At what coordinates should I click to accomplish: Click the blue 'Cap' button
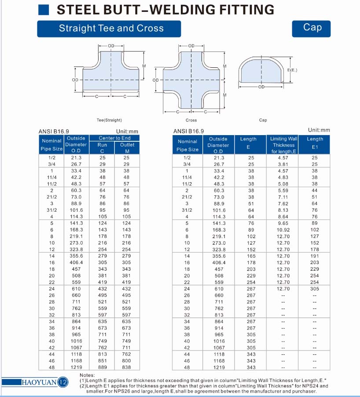click(x=312, y=28)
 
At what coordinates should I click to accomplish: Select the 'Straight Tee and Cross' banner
click(x=111, y=29)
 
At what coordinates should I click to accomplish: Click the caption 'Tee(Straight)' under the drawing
click(x=109, y=120)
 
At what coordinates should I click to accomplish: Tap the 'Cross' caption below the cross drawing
click(x=191, y=120)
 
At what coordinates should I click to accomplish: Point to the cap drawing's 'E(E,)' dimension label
click(x=292, y=70)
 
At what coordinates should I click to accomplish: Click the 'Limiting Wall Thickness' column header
click(x=283, y=145)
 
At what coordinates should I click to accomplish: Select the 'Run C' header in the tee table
click(x=102, y=147)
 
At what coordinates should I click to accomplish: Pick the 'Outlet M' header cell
click(x=127, y=147)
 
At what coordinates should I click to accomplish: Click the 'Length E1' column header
click(x=315, y=143)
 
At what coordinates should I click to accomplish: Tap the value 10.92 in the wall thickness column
click(x=283, y=230)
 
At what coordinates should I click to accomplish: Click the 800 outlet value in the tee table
click(x=127, y=360)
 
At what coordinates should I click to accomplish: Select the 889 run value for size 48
click(x=102, y=367)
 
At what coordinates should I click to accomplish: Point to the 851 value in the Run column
click(x=102, y=360)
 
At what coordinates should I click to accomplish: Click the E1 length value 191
click(x=315, y=256)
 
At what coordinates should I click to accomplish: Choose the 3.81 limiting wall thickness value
click(x=283, y=164)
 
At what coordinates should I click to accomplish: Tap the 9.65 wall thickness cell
click(x=283, y=223)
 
